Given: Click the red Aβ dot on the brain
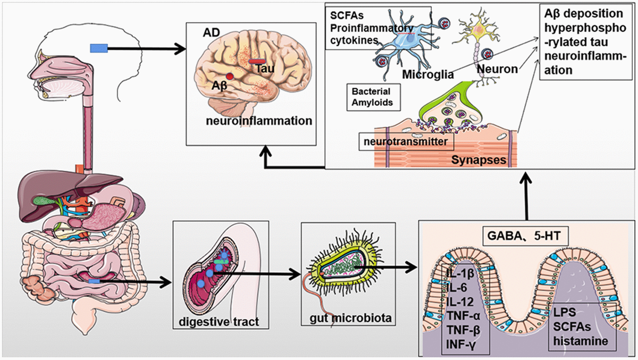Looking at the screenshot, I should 230,77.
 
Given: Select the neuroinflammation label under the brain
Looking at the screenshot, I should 258,121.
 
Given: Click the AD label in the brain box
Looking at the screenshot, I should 209,33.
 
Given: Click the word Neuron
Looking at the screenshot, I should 497,69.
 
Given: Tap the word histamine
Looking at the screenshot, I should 581,341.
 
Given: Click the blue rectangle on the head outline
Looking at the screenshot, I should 99,49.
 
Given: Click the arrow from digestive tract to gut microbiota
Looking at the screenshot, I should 282,275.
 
